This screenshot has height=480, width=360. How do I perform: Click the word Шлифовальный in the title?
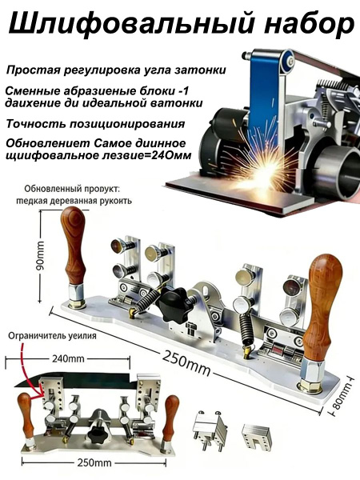[132, 23]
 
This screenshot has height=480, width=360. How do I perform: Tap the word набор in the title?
[309, 24]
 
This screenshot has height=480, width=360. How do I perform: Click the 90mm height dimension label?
[40, 255]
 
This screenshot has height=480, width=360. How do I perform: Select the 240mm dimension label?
[68, 358]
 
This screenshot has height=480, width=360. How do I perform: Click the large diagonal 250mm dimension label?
[186, 362]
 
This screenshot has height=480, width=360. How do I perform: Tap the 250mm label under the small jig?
[94, 462]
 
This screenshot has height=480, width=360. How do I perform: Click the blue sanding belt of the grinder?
[263, 98]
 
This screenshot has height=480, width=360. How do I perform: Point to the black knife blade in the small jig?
[74, 379]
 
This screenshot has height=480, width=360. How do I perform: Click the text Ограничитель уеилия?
[52, 336]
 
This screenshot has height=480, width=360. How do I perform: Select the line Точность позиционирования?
[95, 124]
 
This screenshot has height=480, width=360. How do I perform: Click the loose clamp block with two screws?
[210, 429]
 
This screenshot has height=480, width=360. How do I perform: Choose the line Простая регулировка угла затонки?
[116, 70]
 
